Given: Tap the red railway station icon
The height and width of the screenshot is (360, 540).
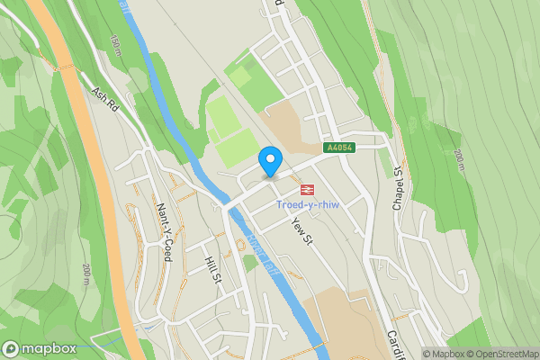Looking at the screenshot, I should tap(306, 189).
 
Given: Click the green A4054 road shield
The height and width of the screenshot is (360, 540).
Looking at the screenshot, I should tap(338, 148).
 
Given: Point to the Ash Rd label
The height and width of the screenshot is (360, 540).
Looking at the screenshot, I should tap(104, 99).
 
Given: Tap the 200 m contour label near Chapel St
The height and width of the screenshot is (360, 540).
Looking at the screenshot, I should tap(459, 163).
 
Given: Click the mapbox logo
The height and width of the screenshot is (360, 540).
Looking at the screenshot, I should tap(38, 349).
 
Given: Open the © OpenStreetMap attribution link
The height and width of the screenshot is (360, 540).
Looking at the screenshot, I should tap(500, 354).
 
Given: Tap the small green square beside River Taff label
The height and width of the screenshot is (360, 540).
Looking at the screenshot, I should tap(250, 264).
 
